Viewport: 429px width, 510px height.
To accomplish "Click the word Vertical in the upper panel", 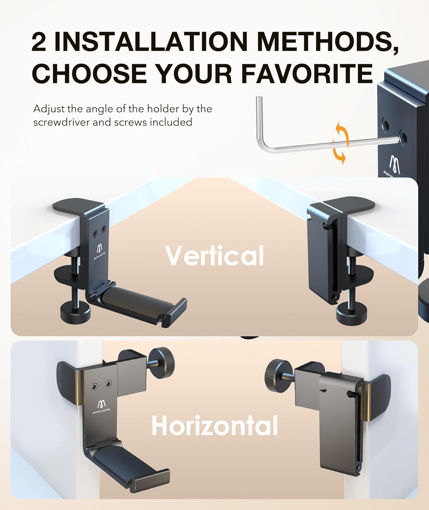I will click(215, 256).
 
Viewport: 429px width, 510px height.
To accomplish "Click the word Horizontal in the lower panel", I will click(215, 425).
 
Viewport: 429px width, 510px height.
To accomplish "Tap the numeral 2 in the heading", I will click(39, 42).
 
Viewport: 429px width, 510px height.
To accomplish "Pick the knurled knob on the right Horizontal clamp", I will click(277, 373).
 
